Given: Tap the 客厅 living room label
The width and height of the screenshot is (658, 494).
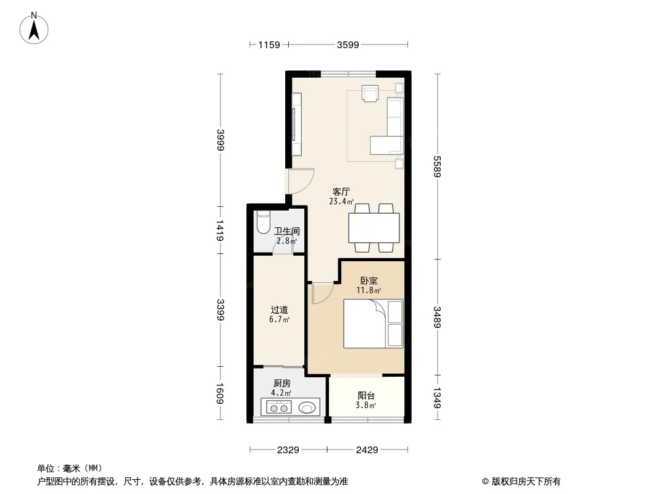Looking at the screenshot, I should [x=342, y=192].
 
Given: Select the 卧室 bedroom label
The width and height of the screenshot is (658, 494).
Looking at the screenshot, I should [x=369, y=280].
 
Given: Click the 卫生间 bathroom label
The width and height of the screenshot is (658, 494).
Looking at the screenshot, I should [x=287, y=232].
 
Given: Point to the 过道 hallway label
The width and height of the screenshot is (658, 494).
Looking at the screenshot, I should [x=279, y=310].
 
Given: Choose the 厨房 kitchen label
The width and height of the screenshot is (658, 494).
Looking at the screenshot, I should [x=282, y=383].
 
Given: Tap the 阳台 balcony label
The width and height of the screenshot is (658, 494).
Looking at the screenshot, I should [x=367, y=396].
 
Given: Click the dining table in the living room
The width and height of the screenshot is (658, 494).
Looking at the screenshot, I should [x=374, y=228].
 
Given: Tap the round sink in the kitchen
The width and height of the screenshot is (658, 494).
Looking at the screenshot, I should [x=307, y=408].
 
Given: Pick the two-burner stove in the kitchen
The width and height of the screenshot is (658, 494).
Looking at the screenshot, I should [x=277, y=408].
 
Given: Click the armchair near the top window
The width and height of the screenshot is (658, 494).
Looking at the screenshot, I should [x=370, y=93].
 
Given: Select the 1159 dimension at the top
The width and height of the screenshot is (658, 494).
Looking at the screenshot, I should [x=269, y=44].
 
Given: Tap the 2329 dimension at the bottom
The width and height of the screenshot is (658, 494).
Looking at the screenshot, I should [x=288, y=450].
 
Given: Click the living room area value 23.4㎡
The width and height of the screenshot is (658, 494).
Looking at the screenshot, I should [x=342, y=201].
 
